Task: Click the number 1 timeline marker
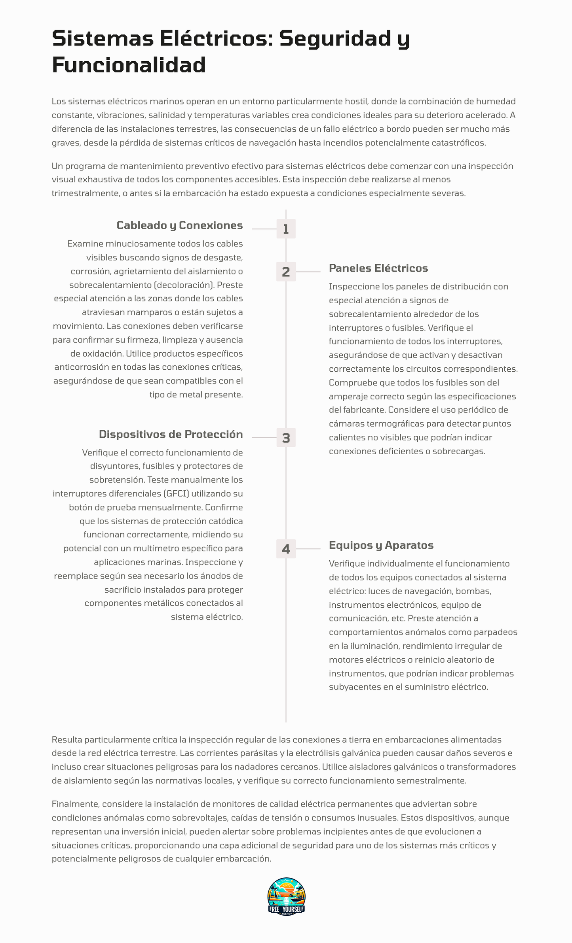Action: pyautogui.click(x=286, y=229)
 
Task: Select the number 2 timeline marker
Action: pyautogui.click(x=286, y=272)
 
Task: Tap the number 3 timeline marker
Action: pyautogui.click(x=286, y=438)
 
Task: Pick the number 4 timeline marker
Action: pyautogui.click(x=286, y=549)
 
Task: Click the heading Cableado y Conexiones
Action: pyautogui.click(x=179, y=225)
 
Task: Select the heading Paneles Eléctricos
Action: pyautogui.click(x=378, y=268)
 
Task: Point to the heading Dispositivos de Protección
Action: pyautogui.click(x=171, y=434)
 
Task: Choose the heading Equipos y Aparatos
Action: pyautogui.click(x=381, y=545)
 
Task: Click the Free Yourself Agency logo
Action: pyautogui.click(x=286, y=896)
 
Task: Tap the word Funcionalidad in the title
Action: pyautogui.click(x=129, y=65)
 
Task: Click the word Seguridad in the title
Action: pyautogui.click(x=335, y=39)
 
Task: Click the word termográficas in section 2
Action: pyautogui.click(x=389, y=424)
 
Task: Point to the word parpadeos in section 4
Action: pyautogui.click(x=498, y=632)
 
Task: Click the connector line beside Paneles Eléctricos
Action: pyautogui.click(x=308, y=272)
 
